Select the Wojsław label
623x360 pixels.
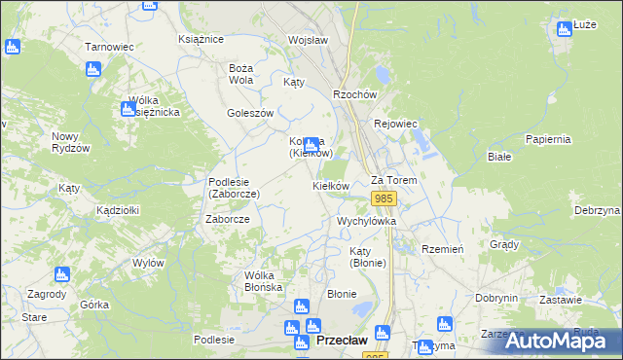pyautogui.click(x=307, y=40)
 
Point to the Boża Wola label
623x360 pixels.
pyautogui.click(x=240, y=74)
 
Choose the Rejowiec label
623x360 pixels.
pyautogui.click(x=395, y=124)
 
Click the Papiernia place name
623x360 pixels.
pyautogui.click(x=546, y=139)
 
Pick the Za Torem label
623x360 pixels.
pyautogui.click(x=394, y=181)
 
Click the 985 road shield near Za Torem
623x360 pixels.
pyautogui.click(x=384, y=199)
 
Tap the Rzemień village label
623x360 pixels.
pyautogui.click(x=443, y=249)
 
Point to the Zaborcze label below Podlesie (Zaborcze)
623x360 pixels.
pyautogui.click(x=228, y=220)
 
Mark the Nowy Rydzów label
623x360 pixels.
pyautogui.click(x=71, y=142)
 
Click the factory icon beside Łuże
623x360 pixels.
pyautogui.click(x=564, y=29)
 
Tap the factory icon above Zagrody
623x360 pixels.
pyautogui.click(x=62, y=276)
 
